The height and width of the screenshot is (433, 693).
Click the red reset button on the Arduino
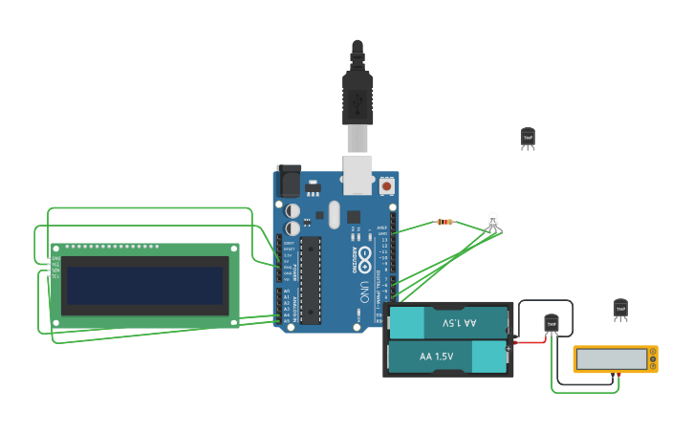pos(386,185)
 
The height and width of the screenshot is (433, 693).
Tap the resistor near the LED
pos(444,223)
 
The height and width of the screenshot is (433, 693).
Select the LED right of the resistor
pos(493,223)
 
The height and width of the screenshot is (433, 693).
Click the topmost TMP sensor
pos(528,138)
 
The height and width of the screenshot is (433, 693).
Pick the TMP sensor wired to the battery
pos(551,324)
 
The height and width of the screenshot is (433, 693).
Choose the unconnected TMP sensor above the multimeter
pos(620,308)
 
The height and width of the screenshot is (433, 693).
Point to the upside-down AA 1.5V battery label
pos(459,323)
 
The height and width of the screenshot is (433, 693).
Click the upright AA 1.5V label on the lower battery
pos(437,357)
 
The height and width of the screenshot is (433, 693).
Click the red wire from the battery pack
pos(529,339)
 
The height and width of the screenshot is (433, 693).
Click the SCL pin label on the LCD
pos(55,276)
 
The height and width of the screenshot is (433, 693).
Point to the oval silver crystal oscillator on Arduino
pos(333,214)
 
